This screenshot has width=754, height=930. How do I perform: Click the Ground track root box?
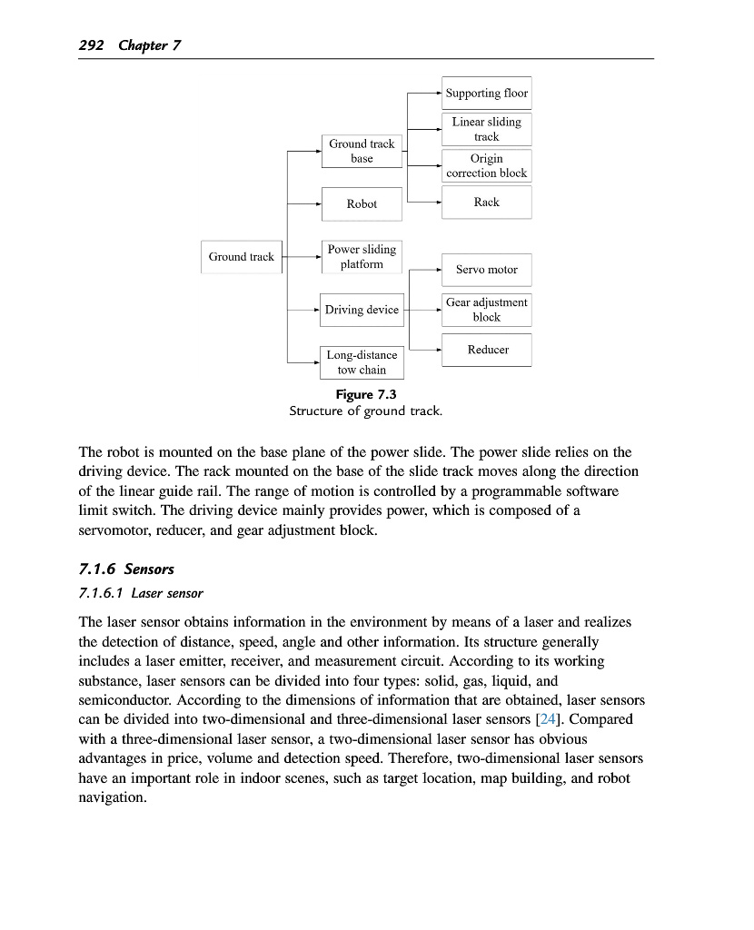(242, 257)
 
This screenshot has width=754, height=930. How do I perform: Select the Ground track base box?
(362, 151)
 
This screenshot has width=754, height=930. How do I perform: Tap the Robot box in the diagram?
(362, 203)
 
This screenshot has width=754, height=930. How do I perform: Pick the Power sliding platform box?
(362, 256)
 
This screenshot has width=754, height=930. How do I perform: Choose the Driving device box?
(362, 310)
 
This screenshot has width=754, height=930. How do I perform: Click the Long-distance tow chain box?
(362, 362)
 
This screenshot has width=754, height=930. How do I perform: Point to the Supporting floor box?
(486, 94)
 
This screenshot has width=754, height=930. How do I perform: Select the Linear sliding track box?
(486, 129)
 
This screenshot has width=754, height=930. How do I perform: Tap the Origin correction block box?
(486, 165)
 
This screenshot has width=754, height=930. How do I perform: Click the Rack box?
(486, 203)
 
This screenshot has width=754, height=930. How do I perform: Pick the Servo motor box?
(486, 270)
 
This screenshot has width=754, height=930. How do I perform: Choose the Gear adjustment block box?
(486, 310)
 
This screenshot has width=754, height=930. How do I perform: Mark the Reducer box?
(487, 350)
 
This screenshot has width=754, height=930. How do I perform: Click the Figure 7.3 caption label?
(366, 394)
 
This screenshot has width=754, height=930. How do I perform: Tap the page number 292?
(92, 45)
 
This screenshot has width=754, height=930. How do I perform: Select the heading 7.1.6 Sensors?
(126, 569)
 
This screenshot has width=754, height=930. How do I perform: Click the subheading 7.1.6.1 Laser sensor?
(141, 594)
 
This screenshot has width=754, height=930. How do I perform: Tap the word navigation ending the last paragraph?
(112, 797)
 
